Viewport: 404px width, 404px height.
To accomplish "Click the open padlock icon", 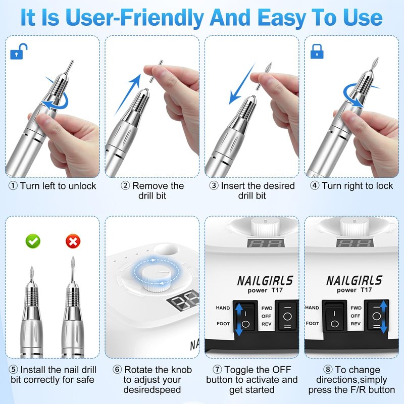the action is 19,52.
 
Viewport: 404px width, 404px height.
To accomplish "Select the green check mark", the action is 33,241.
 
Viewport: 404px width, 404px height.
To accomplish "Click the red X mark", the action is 73,241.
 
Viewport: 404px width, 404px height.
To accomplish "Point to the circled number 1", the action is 13,186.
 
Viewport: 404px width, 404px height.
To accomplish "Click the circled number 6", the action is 117,370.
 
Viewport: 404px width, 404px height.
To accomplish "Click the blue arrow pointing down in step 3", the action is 241,84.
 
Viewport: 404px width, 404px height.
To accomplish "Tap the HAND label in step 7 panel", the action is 223,308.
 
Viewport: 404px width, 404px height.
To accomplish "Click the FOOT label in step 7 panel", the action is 223,324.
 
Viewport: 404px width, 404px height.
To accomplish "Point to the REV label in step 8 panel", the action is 356,324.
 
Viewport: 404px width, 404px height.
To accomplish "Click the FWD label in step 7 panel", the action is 267,308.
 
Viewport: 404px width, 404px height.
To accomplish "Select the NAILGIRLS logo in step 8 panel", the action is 355,280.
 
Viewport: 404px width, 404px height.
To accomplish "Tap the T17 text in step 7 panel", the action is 277,290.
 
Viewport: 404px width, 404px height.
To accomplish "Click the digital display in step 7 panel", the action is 266,243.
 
